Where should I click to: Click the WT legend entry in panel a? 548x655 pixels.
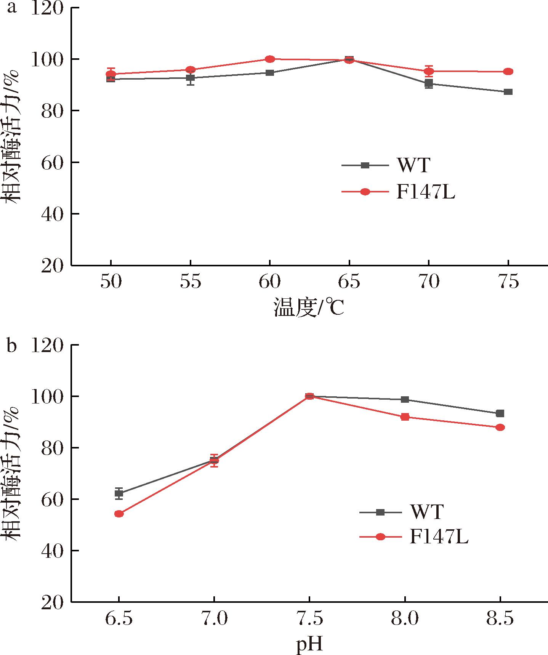click(x=413, y=165)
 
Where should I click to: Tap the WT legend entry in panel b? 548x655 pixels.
click(x=427, y=512)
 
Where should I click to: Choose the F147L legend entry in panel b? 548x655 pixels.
click(x=438, y=536)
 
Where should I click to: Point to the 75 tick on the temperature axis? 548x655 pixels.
click(x=508, y=282)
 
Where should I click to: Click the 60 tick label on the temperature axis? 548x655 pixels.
click(x=269, y=282)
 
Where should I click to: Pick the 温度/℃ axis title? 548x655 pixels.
click(x=309, y=308)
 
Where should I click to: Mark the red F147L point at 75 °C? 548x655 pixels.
click(x=508, y=72)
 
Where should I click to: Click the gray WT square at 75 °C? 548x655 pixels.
click(x=508, y=92)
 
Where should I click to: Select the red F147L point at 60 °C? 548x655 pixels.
click(x=270, y=59)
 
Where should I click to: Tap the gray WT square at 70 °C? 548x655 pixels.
click(x=429, y=83)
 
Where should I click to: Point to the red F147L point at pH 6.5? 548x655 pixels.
click(x=119, y=514)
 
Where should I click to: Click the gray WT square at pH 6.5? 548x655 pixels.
click(x=119, y=493)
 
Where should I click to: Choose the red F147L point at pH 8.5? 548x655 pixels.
click(x=500, y=428)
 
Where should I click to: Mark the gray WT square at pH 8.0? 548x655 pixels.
click(x=405, y=400)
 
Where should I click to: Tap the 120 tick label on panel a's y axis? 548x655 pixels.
click(x=46, y=8)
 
